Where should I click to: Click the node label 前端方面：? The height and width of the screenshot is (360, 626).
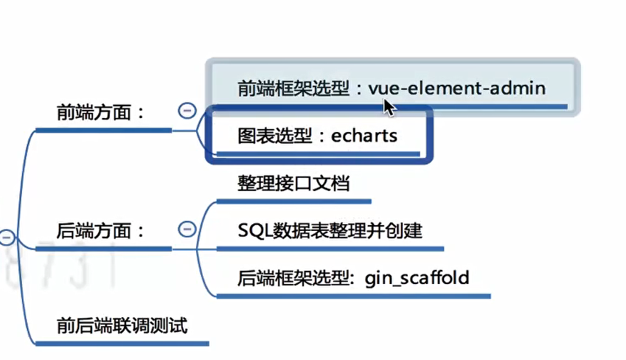click(100, 113)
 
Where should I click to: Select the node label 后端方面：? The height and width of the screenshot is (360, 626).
click(100, 231)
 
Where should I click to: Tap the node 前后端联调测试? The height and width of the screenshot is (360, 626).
click(122, 325)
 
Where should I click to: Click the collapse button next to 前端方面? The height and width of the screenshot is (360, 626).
click(187, 111)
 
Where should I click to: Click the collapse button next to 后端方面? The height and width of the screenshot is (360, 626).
click(187, 229)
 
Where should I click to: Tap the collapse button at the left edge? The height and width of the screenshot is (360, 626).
click(7, 238)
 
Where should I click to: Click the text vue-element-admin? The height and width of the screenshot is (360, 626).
click(457, 89)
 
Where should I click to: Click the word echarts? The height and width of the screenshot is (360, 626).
click(364, 136)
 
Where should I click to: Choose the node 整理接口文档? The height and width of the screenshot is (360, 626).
click(293, 183)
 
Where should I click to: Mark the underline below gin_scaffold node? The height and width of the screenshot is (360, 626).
click(354, 297)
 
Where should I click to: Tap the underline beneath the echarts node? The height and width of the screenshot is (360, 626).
click(317, 154)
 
